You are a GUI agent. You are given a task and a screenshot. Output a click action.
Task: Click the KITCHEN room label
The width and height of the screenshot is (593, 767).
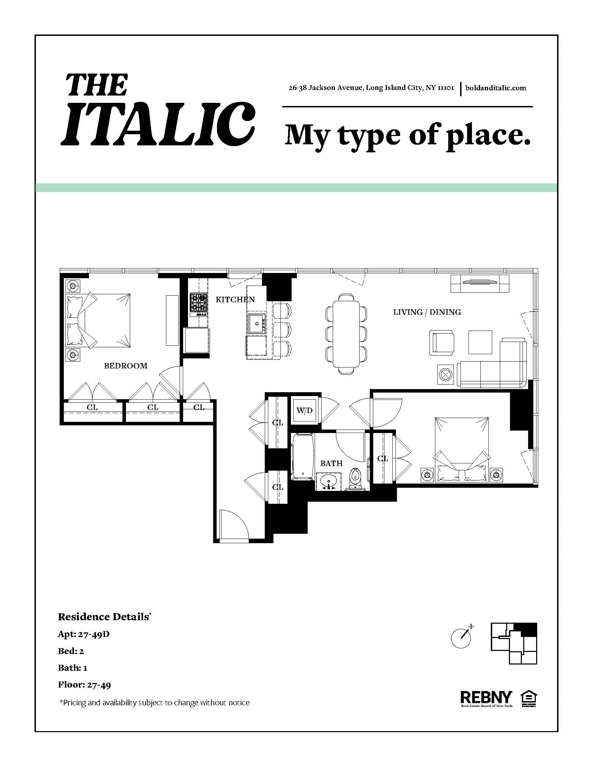[x=235, y=299]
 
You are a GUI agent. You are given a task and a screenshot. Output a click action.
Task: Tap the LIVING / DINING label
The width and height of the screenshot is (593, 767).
[x=427, y=312]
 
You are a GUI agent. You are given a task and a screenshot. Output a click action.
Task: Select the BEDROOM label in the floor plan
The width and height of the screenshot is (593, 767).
[x=126, y=366]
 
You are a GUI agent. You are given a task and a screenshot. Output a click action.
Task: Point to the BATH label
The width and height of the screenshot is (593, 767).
[x=331, y=463]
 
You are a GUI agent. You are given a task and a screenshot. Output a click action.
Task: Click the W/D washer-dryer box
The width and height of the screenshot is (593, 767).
[x=304, y=410]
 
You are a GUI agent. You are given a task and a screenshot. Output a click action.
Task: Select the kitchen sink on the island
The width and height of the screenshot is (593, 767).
[x=257, y=324]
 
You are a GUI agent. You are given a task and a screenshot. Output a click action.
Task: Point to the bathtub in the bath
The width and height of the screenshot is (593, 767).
[x=302, y=457]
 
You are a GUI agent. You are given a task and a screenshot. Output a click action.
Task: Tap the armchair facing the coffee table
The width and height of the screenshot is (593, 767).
[x=442, y=342]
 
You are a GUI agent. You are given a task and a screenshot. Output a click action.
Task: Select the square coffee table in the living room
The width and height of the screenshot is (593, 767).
[x=480, y=342]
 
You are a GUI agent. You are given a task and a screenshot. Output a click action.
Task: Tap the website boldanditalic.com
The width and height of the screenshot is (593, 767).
[x=495, y=88]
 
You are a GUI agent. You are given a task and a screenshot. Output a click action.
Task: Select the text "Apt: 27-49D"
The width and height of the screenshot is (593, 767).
[x=84, y=634]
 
